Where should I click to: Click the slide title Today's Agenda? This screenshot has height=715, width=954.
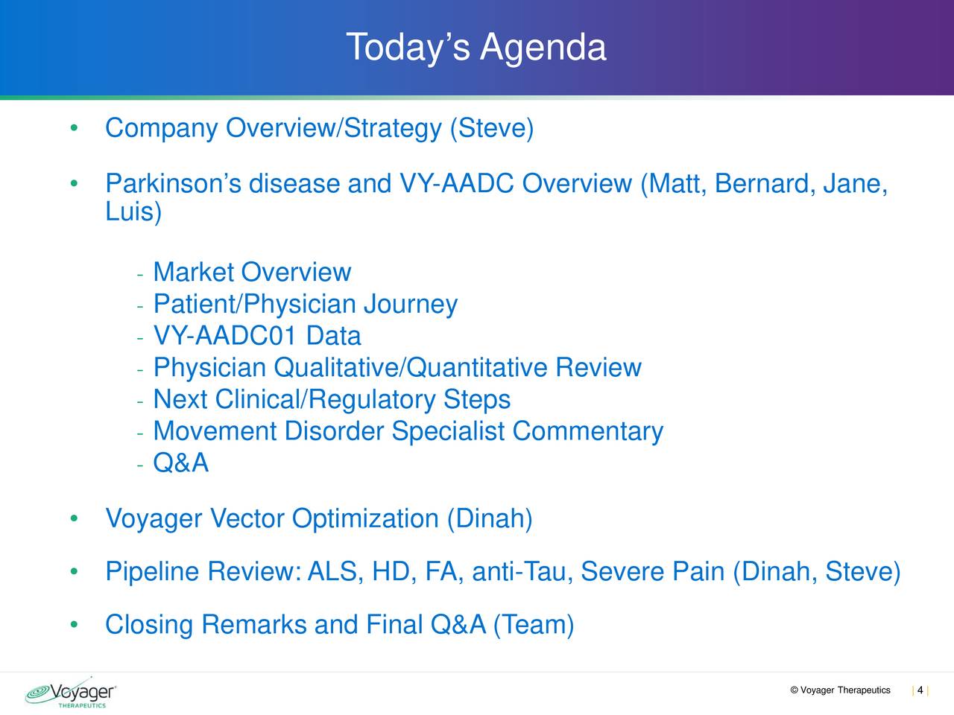click(476, 48)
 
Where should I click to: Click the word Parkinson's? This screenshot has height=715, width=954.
click(173, 183)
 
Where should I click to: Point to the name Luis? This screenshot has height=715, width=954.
click(130, 212)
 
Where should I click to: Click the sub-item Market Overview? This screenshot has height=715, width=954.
click(252, 272)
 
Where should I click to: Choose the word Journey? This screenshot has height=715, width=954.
click(411, 304)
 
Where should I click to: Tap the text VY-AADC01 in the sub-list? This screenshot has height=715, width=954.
click(224, 336)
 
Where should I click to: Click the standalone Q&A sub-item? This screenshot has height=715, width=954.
click(181, 463)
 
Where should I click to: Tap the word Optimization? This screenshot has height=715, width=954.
click(365, 518)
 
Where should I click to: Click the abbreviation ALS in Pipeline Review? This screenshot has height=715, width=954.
click(335, 571)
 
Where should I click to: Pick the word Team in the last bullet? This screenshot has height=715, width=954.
click(534, 624)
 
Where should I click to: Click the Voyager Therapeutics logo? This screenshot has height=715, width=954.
click(70, 693)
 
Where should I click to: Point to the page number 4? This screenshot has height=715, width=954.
click(920, 690)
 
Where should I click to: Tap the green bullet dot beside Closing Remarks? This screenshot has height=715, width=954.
click(74, 624)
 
